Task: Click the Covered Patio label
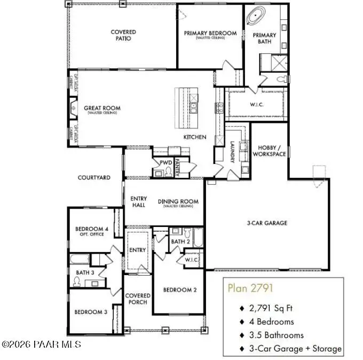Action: (x=123, y=35)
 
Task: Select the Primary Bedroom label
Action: (x=210, y=33)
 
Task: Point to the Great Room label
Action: (x=102, y=108)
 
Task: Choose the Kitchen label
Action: (x=195, y=137)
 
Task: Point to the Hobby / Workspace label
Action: (x=272, y=151)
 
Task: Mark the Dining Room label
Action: (x=178, y=202)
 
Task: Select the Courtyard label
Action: (x=94, y=177)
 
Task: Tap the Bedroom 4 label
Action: (x=91, y=232)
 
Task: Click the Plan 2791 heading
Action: (x=250, y=288)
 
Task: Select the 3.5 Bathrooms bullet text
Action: (x=277, y=335)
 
